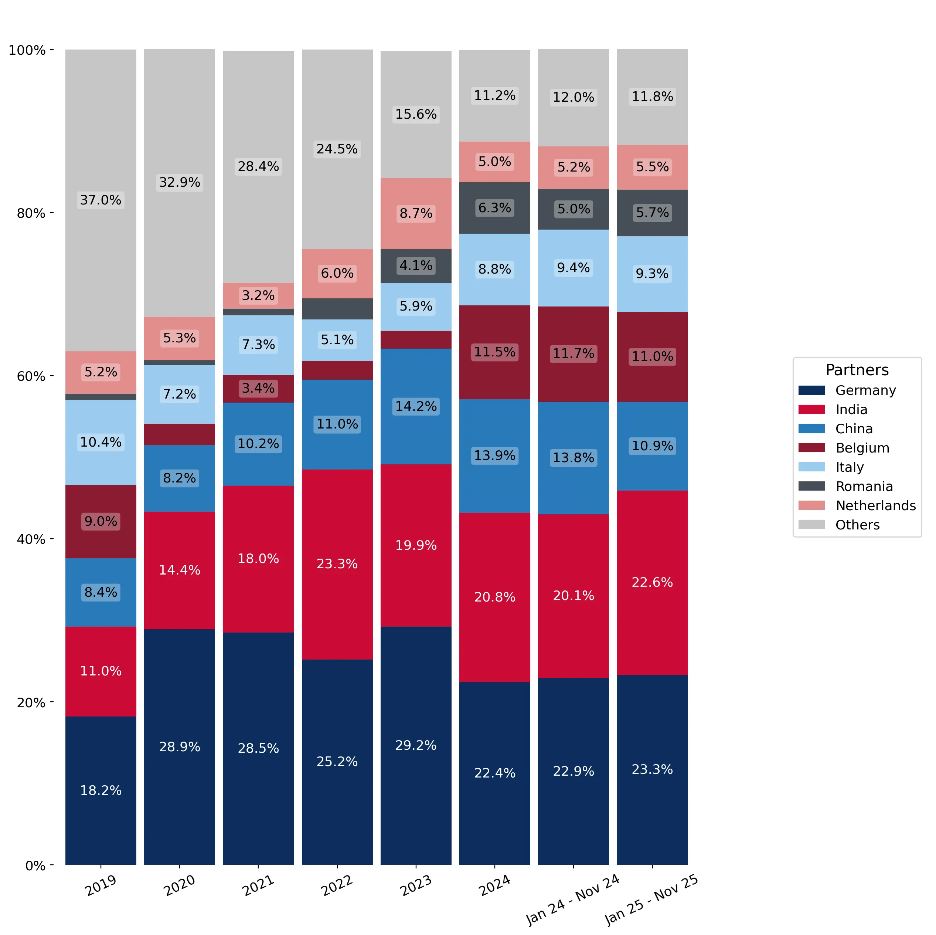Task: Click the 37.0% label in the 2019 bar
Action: click(101, 200)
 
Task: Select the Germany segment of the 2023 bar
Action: click(416, 745)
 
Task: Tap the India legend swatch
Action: click(811, 410)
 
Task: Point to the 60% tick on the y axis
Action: click(51, 376)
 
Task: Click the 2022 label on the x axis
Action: click(337, 885)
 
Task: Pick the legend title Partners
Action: click(857, 370)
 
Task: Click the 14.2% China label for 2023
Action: click(416, 406)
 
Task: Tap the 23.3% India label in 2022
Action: click(337, 564)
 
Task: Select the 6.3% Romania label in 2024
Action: click(495, 208)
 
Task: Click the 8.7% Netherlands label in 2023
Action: click(416, 213)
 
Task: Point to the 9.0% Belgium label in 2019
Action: click(101, 522)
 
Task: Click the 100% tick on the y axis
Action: click(51, 50)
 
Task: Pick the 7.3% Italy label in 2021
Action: click(258, 345)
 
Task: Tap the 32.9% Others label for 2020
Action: click(180, 182)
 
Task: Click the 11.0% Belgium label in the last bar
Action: click(652, 357)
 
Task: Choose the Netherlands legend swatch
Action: click(811, 505)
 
